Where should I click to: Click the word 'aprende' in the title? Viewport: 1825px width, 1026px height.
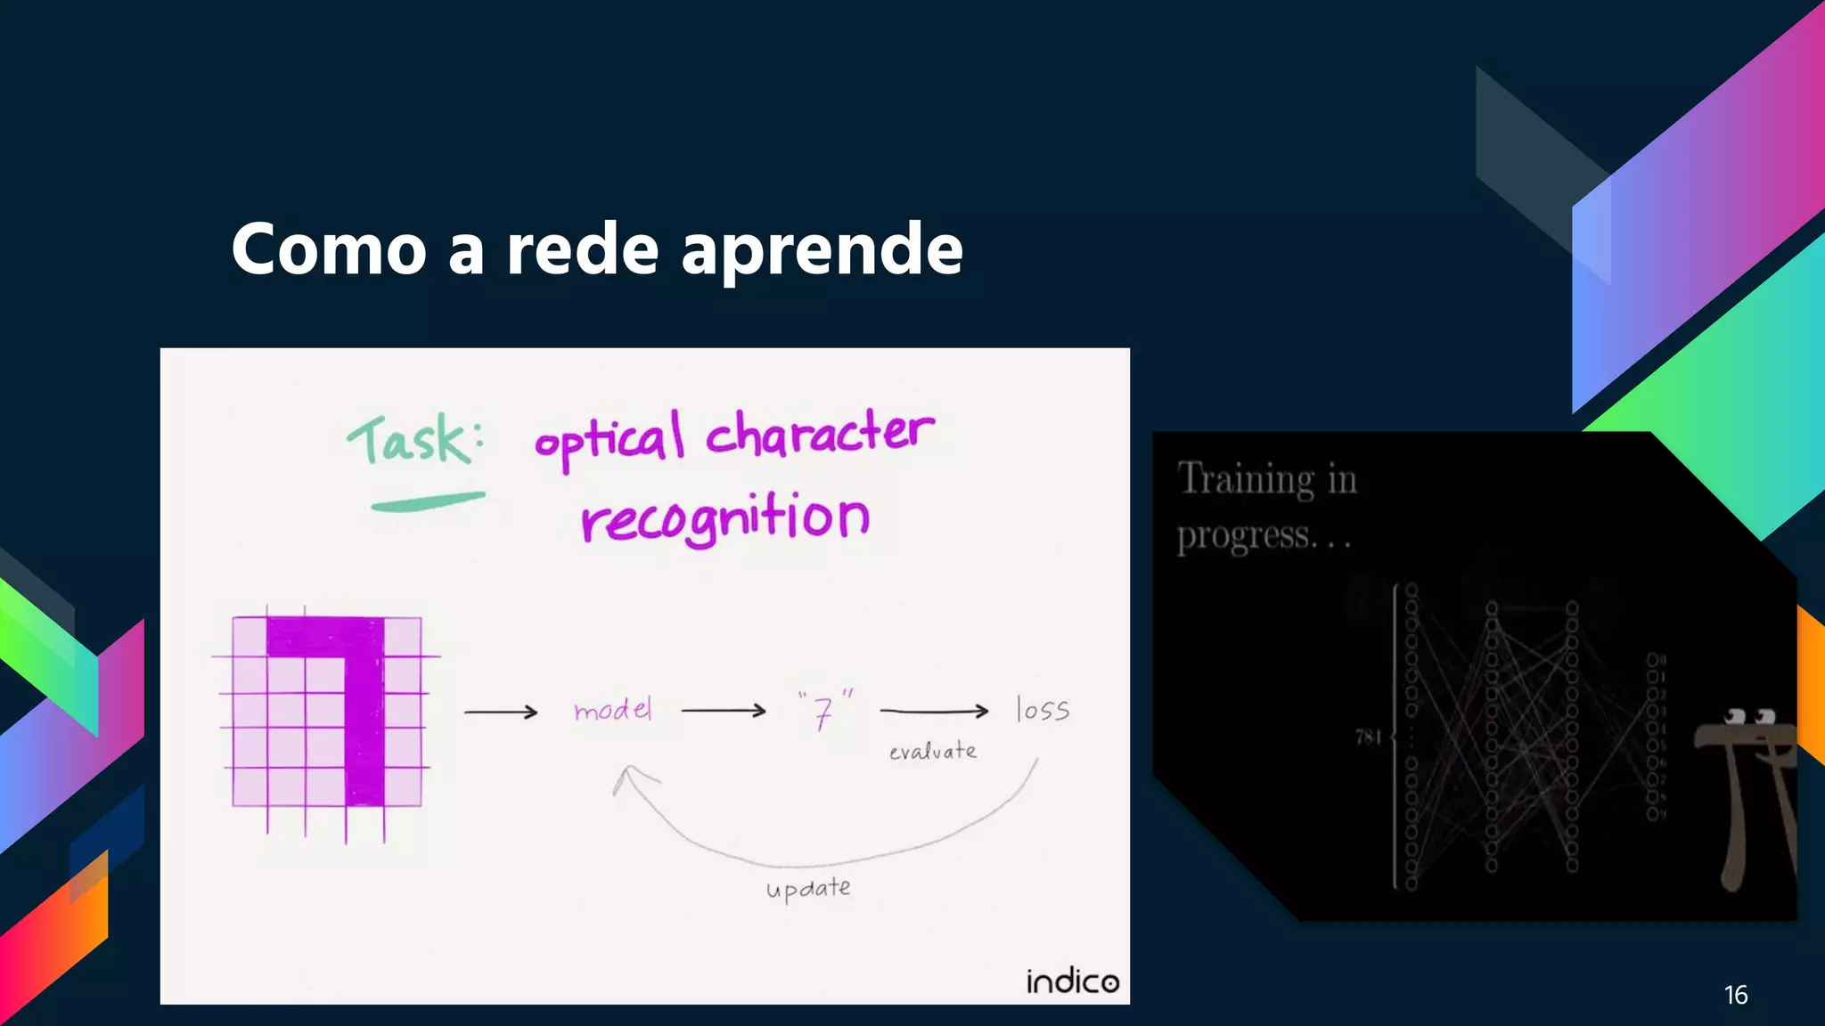coord(822,251)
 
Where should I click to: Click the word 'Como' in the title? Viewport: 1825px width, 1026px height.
coord(329,249)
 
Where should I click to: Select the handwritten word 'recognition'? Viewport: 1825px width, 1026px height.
coord(724,518)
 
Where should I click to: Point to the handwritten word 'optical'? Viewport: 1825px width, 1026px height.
coord(610,440)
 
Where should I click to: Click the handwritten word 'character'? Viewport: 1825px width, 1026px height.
coord(820,433)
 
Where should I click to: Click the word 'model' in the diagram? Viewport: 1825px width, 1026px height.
coord(613,711)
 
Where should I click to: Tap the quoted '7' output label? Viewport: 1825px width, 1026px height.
coord(824,711)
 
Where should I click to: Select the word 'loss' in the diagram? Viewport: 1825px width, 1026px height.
coord(1043,710)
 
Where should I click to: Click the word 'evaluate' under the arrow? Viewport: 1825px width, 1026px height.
coord(932,752)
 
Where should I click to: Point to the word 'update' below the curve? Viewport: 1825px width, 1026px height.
coord(808,889)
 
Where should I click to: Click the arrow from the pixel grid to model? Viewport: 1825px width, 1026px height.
coord(501,712)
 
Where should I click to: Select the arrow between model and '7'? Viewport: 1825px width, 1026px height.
coord(723,711)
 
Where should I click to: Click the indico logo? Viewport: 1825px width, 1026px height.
coord(1072,981)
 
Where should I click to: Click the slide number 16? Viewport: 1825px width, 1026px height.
coord(1735,995)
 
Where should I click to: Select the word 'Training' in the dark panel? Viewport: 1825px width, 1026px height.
coord(1246,479)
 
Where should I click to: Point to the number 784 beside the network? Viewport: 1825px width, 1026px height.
coord(1368,737)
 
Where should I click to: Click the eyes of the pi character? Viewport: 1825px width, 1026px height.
coord(1749,717)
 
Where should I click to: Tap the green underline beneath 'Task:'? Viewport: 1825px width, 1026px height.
coord(428,502)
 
